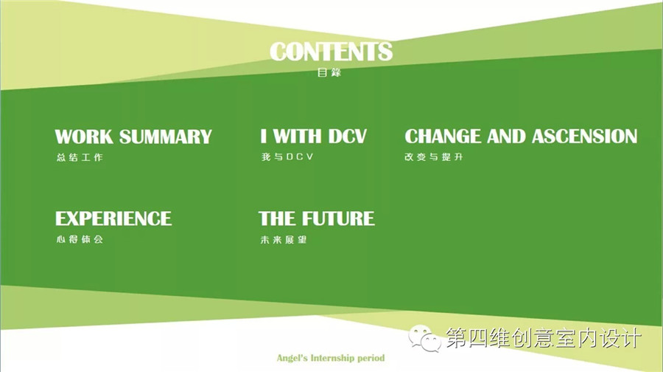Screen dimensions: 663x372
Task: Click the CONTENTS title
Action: pos(331,52)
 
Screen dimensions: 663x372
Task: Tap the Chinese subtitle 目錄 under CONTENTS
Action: pos(329,72)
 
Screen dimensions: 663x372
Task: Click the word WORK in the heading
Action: pos(84,137)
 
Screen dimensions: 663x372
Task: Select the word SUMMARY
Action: pos(165,137)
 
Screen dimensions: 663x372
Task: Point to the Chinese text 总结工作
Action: pos(80,157)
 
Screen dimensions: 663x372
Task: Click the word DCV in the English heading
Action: pos(348,137)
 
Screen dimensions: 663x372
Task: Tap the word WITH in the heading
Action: pos(298,137)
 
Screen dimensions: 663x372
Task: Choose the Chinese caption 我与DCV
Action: pos(287,156)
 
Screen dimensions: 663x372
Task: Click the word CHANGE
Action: pos(443,137)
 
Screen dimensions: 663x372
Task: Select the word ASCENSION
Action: pos(584,137)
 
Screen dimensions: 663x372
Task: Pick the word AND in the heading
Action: pos(506,137)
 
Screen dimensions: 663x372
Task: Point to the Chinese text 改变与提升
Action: pos(434,156)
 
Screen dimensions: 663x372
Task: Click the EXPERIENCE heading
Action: pos(113,218)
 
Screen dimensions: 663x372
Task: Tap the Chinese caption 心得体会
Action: pos(80,239)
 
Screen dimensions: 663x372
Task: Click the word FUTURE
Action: pos(338,218)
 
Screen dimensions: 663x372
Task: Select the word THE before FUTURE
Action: pos(277,218)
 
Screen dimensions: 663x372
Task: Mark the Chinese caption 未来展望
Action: pos(284,240)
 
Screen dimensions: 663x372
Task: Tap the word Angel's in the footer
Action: pos(292,359)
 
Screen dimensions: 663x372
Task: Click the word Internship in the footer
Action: pos(333,358)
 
